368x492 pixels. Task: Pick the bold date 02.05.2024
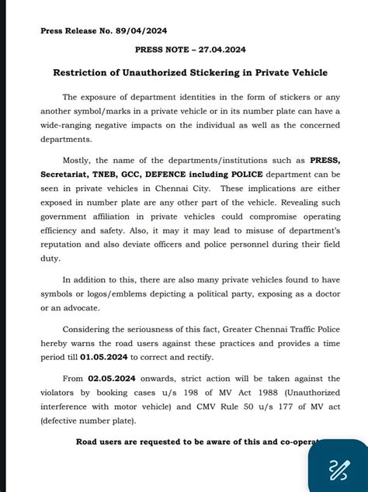[x=107, y=380]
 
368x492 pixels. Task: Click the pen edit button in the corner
[x=338, y=469]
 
